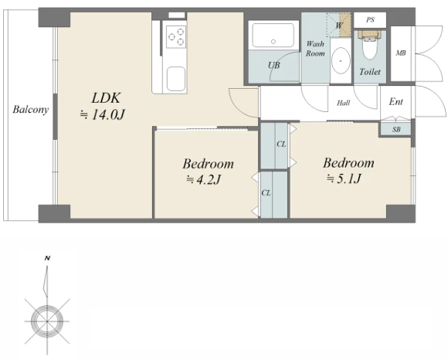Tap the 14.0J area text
[103, 115]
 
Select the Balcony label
[31, 110]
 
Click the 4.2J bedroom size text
[204, 180]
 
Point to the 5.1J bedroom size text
[344, 178]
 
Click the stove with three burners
[176, 36]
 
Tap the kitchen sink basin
[176, 79]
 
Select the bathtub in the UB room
[273, 36]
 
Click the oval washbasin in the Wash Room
[341, 61]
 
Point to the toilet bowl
[370, 46]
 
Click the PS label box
[370, 20]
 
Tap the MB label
[401, 53]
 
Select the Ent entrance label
[396, 102]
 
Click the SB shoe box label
[396, 130]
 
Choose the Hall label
[343, 103]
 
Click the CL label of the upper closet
[281, 144]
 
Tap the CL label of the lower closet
[266, 193]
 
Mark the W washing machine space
[339, 25]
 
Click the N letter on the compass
[47, 259]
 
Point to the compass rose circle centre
[47, 321]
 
